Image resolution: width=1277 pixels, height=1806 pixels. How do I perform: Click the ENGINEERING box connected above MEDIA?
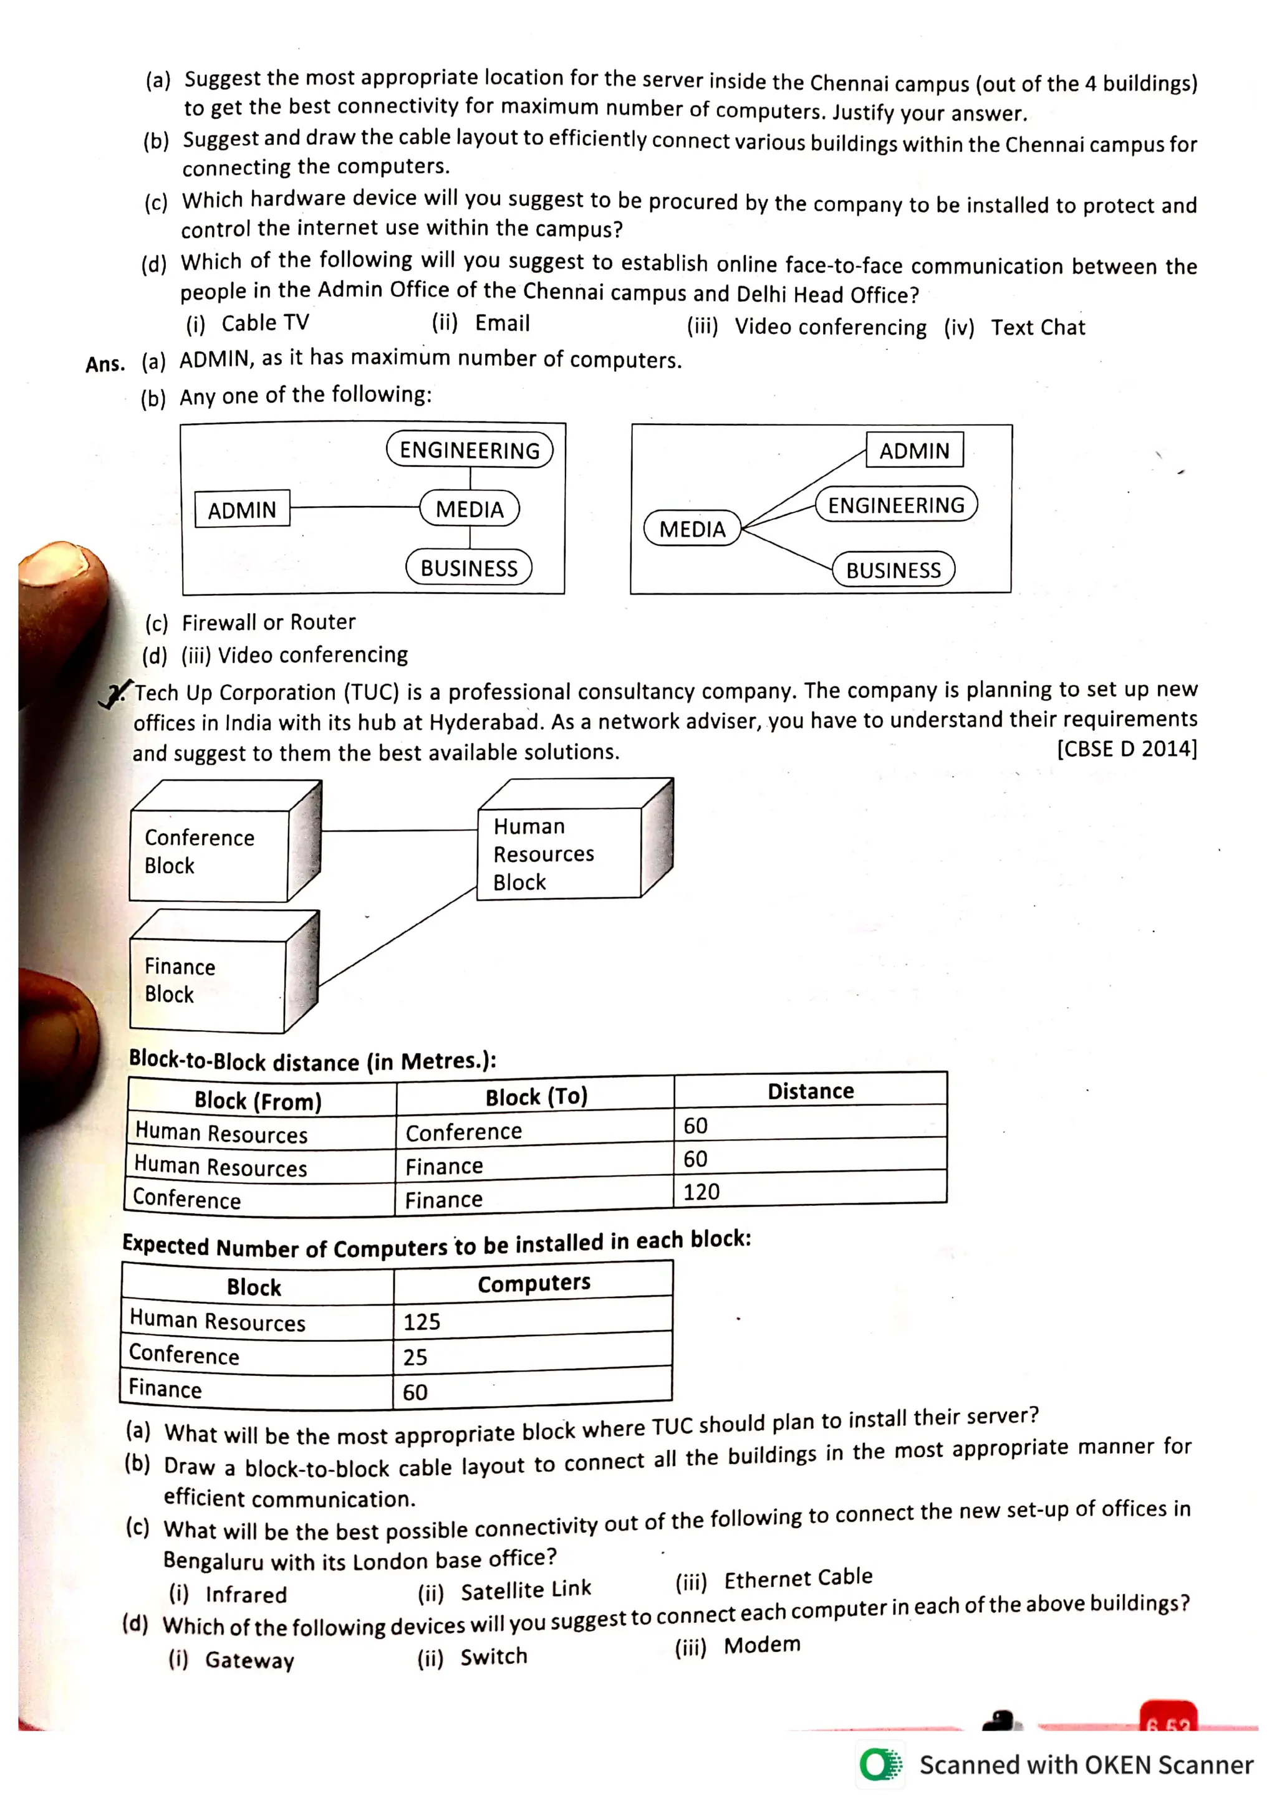coord(470,450)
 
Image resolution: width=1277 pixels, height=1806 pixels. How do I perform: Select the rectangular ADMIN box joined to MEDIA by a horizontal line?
coord(243,510)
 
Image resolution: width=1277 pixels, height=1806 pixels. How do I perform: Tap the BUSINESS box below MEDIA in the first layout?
coord(469,568)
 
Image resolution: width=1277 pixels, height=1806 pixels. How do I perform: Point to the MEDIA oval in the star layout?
coord(692,528)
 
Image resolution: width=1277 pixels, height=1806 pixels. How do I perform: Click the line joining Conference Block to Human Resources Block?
coord(400,831)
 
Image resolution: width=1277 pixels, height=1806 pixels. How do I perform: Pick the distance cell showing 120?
coord(701,1192)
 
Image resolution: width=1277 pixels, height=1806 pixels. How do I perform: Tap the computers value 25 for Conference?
coord(415,1357)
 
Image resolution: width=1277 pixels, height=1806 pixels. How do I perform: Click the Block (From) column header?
coord(258,1101)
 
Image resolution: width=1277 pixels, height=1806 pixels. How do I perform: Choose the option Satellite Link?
coord(526,1590)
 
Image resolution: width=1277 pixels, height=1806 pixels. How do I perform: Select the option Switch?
coord(493,1656)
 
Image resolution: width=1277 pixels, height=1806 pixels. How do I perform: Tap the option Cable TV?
coord(265,323)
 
